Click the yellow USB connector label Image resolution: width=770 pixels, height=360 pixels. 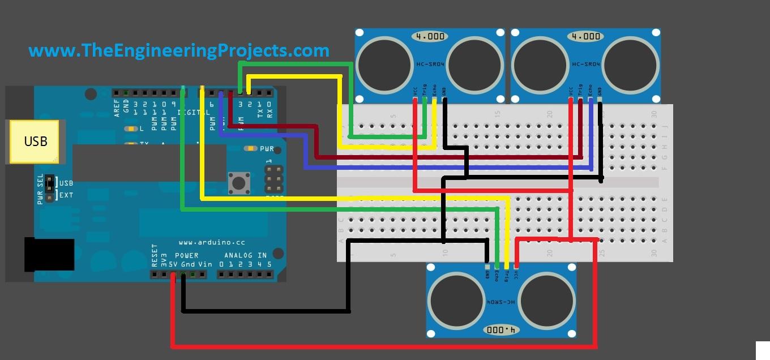35,141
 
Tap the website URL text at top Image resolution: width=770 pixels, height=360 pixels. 179,50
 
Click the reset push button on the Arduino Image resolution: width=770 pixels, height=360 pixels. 239,183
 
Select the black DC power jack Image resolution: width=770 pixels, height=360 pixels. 49,255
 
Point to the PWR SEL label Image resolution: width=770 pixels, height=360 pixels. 40,189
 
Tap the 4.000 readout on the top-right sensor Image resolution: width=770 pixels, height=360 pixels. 586,36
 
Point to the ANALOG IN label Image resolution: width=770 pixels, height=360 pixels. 245,256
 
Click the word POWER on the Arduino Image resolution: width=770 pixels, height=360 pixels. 187,256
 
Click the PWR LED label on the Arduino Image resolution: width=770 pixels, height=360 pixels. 267,149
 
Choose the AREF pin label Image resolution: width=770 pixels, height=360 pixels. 117,108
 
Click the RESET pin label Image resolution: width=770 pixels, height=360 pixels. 154,256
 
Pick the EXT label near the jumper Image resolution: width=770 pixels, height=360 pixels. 66,195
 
